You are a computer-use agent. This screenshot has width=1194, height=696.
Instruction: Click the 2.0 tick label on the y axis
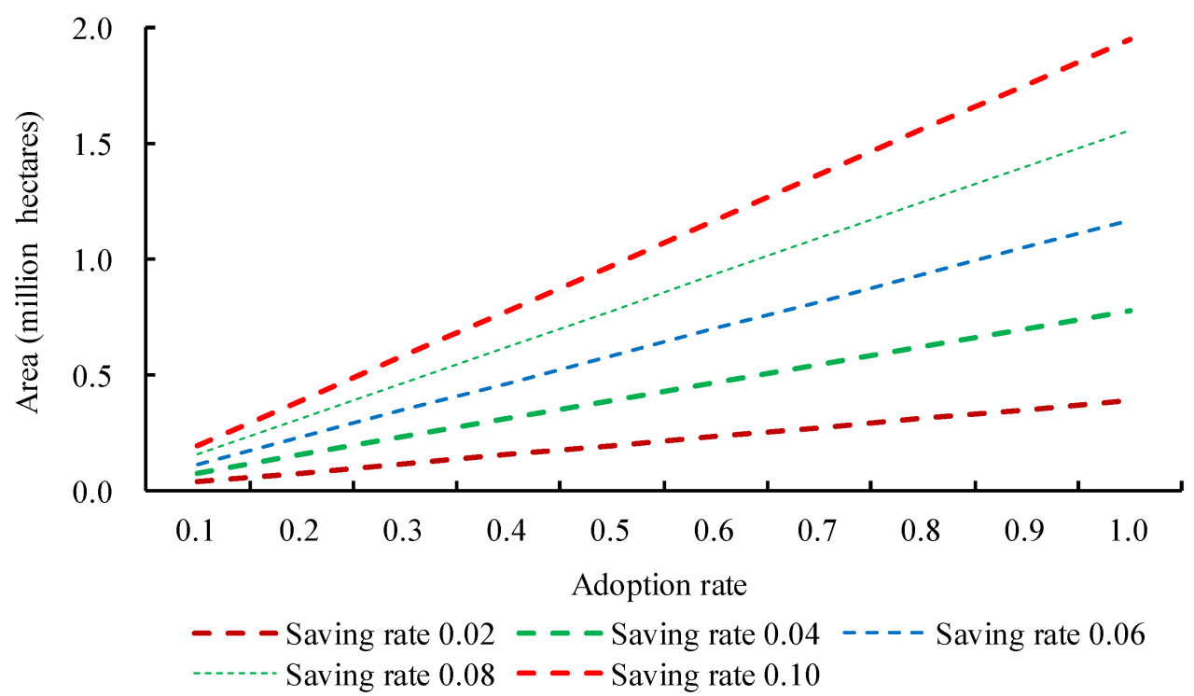106,29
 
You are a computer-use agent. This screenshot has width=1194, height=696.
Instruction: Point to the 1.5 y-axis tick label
106,145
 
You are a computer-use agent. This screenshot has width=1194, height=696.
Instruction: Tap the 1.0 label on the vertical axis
106,259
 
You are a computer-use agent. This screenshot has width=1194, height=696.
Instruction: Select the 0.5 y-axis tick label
106,375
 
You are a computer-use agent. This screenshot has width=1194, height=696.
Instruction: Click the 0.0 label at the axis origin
106,490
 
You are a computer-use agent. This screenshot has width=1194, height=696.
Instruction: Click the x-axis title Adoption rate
660,586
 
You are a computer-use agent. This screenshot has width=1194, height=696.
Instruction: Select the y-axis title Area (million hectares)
33,264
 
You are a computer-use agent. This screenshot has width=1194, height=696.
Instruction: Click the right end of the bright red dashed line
1131,39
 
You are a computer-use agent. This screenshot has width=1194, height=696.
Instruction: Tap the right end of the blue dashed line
1120,222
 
